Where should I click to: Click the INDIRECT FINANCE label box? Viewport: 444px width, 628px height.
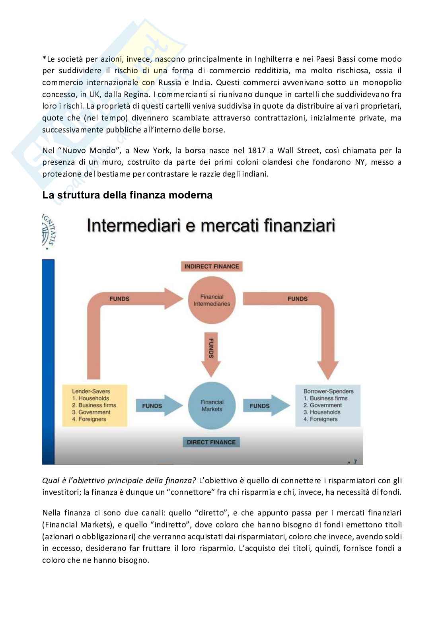coord(211,266)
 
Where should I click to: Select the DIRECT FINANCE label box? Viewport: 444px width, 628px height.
coord(211,442)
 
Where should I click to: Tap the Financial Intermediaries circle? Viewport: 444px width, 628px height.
coord(212,300)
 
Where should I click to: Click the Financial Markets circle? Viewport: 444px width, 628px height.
coord(212,405)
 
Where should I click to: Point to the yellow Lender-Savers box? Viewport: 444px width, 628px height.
coord(94,405)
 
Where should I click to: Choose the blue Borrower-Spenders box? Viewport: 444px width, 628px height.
coord(328,405)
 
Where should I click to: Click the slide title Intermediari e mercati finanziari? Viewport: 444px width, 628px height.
coord(211,226)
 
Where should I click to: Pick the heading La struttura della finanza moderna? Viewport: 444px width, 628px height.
coord(127,195)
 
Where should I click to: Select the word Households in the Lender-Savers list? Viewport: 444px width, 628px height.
coord(93,398)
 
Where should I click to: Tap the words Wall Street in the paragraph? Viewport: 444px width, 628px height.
coord(299,150)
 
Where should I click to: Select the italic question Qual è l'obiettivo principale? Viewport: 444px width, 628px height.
coord(119,480)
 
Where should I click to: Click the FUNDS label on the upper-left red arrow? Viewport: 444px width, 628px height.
coord(119,299)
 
